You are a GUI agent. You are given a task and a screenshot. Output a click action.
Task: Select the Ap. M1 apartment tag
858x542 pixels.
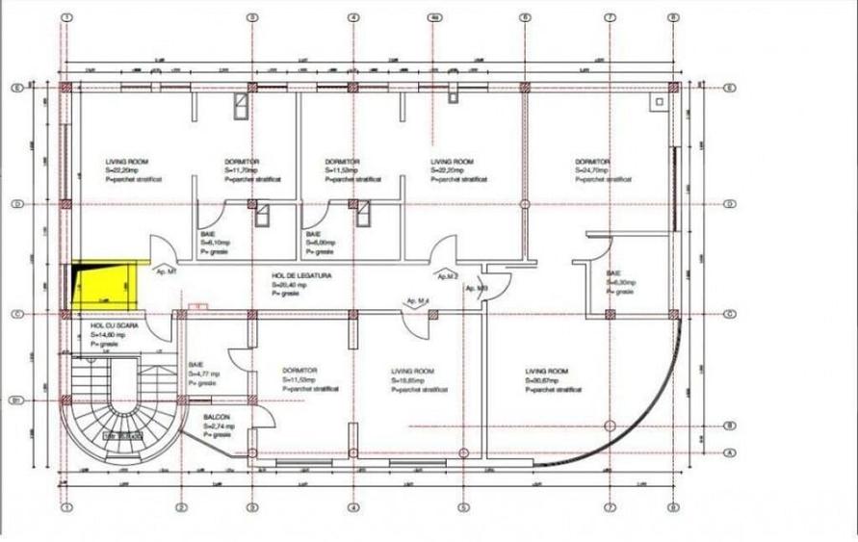[166, 272]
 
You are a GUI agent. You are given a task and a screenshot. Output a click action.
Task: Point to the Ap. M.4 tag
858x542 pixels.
[420, 301]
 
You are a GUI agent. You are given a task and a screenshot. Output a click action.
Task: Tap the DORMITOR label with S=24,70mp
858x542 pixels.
[591, 162]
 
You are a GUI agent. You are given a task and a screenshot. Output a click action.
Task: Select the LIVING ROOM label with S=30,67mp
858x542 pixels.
[546, 371]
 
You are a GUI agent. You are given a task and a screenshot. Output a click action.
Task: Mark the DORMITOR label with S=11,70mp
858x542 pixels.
[242, 162]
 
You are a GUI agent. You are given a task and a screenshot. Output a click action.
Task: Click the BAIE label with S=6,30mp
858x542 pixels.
[614, 273]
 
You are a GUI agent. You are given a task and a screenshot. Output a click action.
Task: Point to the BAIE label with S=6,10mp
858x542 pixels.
[208, 234]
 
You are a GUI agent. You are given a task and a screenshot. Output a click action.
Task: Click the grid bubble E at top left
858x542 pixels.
[16, 87]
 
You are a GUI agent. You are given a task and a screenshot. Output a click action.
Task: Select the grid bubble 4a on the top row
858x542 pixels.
[435, 17]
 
